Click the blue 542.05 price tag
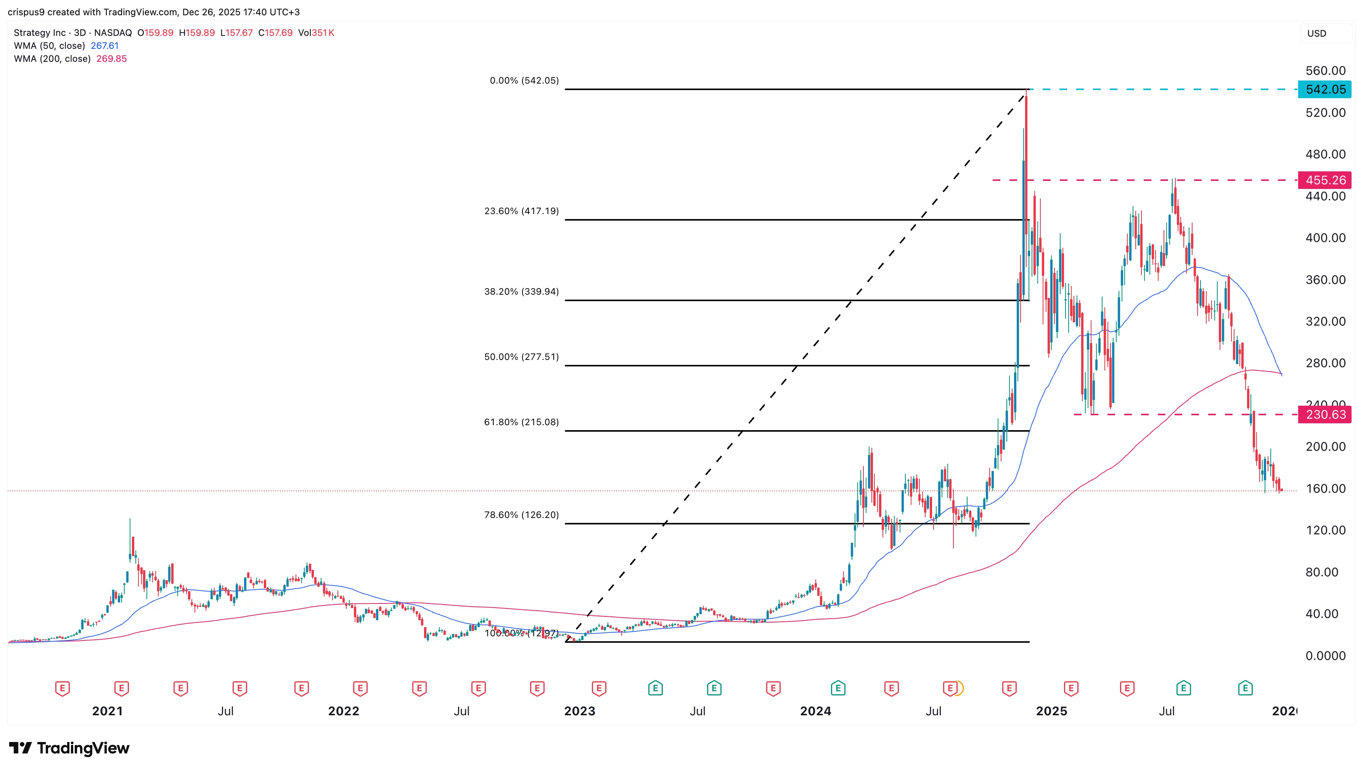[1324, 89]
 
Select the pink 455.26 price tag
[1324, 180]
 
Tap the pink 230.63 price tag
[1324, 414]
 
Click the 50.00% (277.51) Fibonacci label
[521, 357]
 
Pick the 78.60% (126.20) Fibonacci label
[521, 515]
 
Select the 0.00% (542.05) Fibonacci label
[524, 81]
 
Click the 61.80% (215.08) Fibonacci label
[521, 422]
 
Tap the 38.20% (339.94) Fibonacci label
[521, 292]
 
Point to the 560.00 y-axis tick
[1325, 71]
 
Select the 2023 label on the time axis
[579, 711]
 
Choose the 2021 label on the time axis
[108, 711]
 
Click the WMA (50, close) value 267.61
[105, 45]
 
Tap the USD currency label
[1316, 33]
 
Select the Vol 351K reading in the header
[316, 33]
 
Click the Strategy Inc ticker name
[40, 33]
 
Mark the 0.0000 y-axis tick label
[1325, 656]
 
